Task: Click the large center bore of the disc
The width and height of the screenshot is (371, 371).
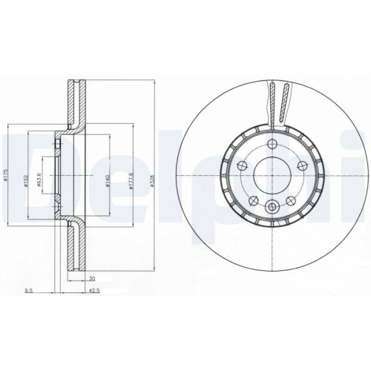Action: pos(272,173)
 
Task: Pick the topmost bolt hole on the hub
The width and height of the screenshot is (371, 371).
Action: pos(272,143)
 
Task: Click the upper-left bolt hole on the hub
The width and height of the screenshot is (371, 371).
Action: pos(243,163)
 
